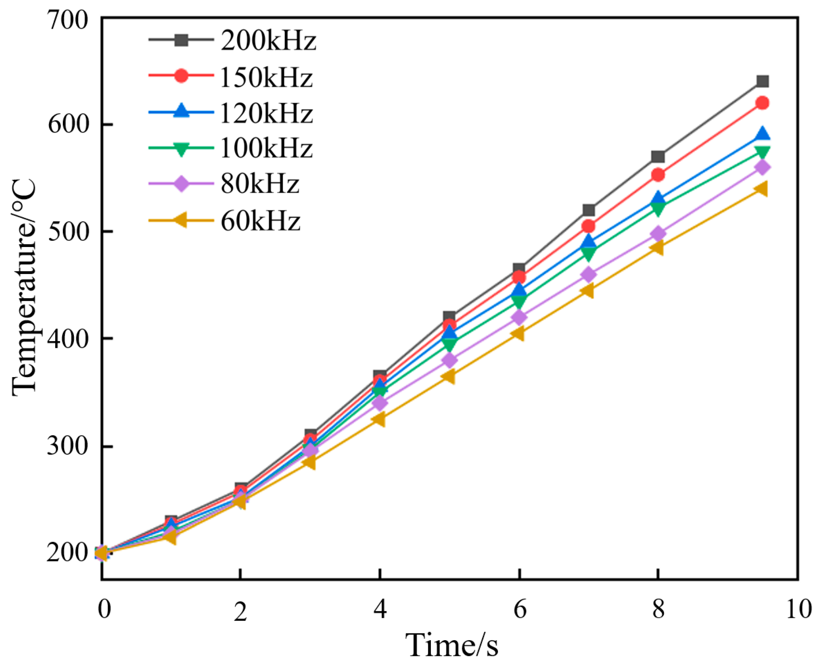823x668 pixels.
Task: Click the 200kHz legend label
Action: (268, 41)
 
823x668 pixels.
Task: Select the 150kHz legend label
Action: (266, 78)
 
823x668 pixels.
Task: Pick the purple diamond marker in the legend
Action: (181, 184)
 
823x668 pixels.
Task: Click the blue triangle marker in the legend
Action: (181, 111)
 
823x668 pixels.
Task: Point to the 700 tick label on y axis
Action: (68, 20)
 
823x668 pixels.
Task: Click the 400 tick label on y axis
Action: (68, 338)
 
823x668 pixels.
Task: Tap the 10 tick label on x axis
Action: (798, 609)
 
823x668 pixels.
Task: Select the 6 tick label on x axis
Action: (520, 609)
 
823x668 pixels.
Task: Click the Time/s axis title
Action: (452, 645)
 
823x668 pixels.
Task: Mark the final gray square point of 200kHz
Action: (762, 81)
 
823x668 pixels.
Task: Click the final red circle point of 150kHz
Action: (762, 103)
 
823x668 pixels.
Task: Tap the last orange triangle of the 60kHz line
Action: (761, 189)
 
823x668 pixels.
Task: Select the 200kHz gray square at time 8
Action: (658, 157)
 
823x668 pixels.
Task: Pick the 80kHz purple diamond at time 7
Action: (589, 274)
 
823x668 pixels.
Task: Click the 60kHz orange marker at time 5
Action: (449, 376)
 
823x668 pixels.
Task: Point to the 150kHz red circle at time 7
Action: (589, 226)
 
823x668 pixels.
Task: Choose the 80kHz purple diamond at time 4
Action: (380, 402)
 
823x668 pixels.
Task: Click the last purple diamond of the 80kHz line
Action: (762, 167)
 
